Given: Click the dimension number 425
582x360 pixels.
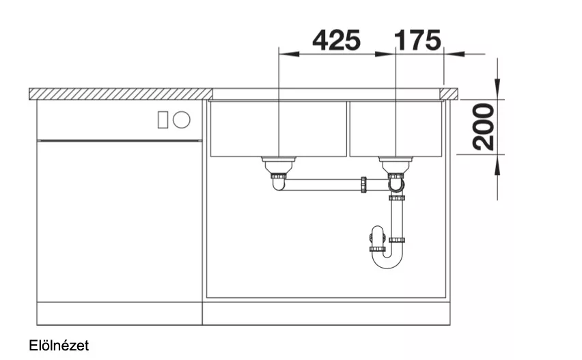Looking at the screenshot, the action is tap(336, 40).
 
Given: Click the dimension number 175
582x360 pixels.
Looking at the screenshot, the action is tap(417, 40).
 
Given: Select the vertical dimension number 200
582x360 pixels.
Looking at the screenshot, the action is tap(484, 127).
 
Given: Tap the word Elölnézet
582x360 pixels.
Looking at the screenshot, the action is tap(59, 346).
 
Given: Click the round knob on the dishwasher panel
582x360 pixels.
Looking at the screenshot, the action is tap(182, 120).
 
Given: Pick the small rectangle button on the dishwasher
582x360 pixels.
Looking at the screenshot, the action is tap(163, 120).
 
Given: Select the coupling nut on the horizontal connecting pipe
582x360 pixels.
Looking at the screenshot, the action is tap(363, 185).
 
